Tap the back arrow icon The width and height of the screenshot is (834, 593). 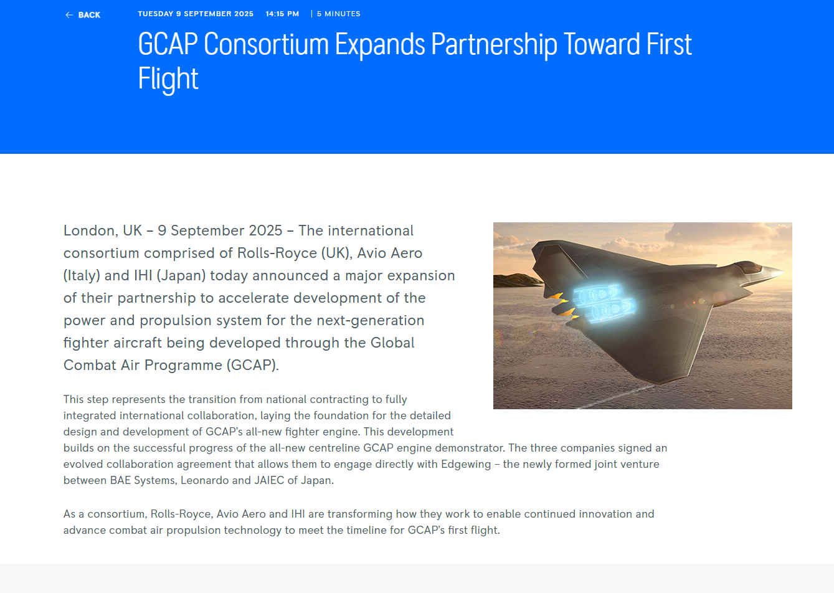69,15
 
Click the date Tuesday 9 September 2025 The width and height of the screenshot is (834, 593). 196,14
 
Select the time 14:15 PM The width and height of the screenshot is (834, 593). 282,14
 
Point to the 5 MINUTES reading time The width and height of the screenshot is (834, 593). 338,14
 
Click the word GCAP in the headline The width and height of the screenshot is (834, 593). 168,44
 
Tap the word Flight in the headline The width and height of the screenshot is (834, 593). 168,78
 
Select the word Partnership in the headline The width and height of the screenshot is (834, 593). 494,45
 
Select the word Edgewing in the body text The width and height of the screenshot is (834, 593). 466,464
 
